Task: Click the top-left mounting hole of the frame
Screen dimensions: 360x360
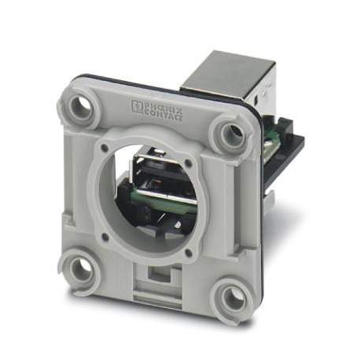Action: click(x=82, y=108)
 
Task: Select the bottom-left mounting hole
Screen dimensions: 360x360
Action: click(x=81, y=268)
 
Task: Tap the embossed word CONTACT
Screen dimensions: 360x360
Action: click(x=163, y=116)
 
